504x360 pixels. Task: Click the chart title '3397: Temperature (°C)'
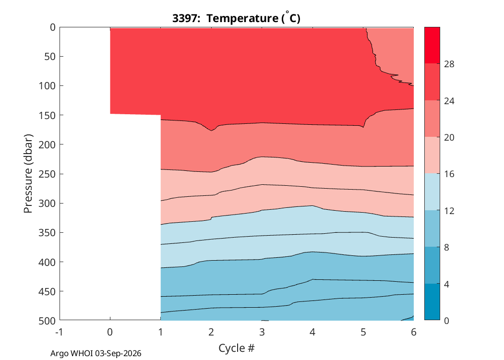click(x=236, y=18)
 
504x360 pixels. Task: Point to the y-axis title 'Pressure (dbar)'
click(x=28, y=174)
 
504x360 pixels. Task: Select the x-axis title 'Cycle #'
click(x=236, y=348)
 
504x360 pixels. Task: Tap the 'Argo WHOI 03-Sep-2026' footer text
click(x=96, y=353)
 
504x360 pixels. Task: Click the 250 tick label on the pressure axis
click(x=47, y=174)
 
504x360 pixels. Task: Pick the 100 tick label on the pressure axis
click(x=47, y=86)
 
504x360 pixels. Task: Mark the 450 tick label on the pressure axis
click(x=47, y=291)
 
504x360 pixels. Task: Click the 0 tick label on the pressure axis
click(x=52, y=27)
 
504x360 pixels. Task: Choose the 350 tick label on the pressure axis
click(x=47, y=233)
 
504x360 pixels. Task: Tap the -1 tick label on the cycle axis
click(x=59, y=332)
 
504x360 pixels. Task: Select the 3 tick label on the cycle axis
click(x=262, y=332)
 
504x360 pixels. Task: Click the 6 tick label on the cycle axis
click(x=414, y=332)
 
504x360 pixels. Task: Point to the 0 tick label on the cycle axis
click(x=110, y=332)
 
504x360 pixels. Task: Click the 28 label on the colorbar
click(x=449, y=64)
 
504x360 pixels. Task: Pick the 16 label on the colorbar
click(x=449, y=174)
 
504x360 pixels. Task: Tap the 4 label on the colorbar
click(x=446, y=284)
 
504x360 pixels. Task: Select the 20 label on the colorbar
click(x=449, y=138)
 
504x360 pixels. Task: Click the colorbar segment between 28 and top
click(x=432, y=45)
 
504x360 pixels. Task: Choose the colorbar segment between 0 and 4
click(x=432, y=302)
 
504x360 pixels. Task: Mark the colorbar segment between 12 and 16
click(x=432, y=192)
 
